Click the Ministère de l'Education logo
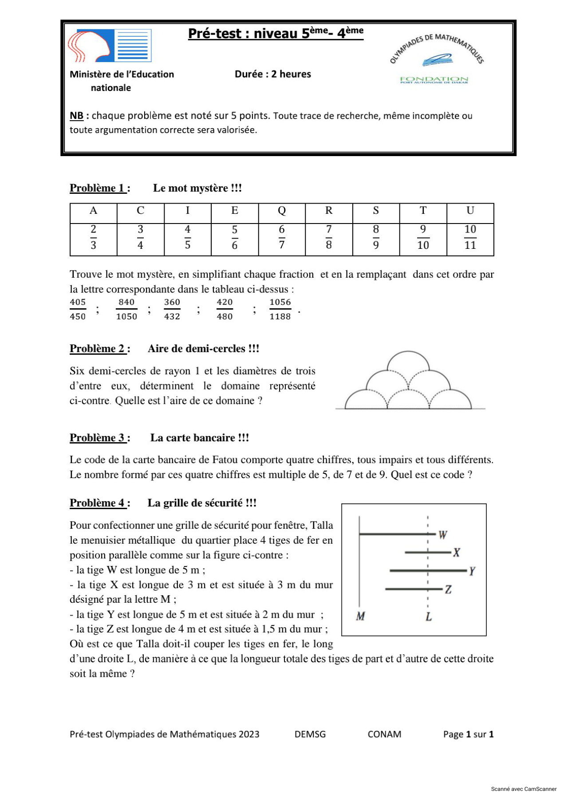point(110,46)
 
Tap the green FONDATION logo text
point(434,80)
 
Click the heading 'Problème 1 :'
point(100,188)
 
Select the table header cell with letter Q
point(281,211)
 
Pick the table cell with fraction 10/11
point(470,237)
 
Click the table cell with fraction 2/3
point(93,237)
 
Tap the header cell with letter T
point(422,211)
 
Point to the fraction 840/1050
point(126,309)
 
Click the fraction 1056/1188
point(280,309)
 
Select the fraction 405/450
point(78,309)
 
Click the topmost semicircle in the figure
point(408,361)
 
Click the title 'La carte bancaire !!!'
point(199,438)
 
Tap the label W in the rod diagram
point(442,535)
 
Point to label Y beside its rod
point(472,571)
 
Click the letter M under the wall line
point(360,616)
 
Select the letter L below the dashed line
point(428,617)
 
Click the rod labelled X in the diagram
point(427,553)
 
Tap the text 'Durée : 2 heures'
point(272,74)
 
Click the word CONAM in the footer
point(384,734)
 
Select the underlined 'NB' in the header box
point(76,116)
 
